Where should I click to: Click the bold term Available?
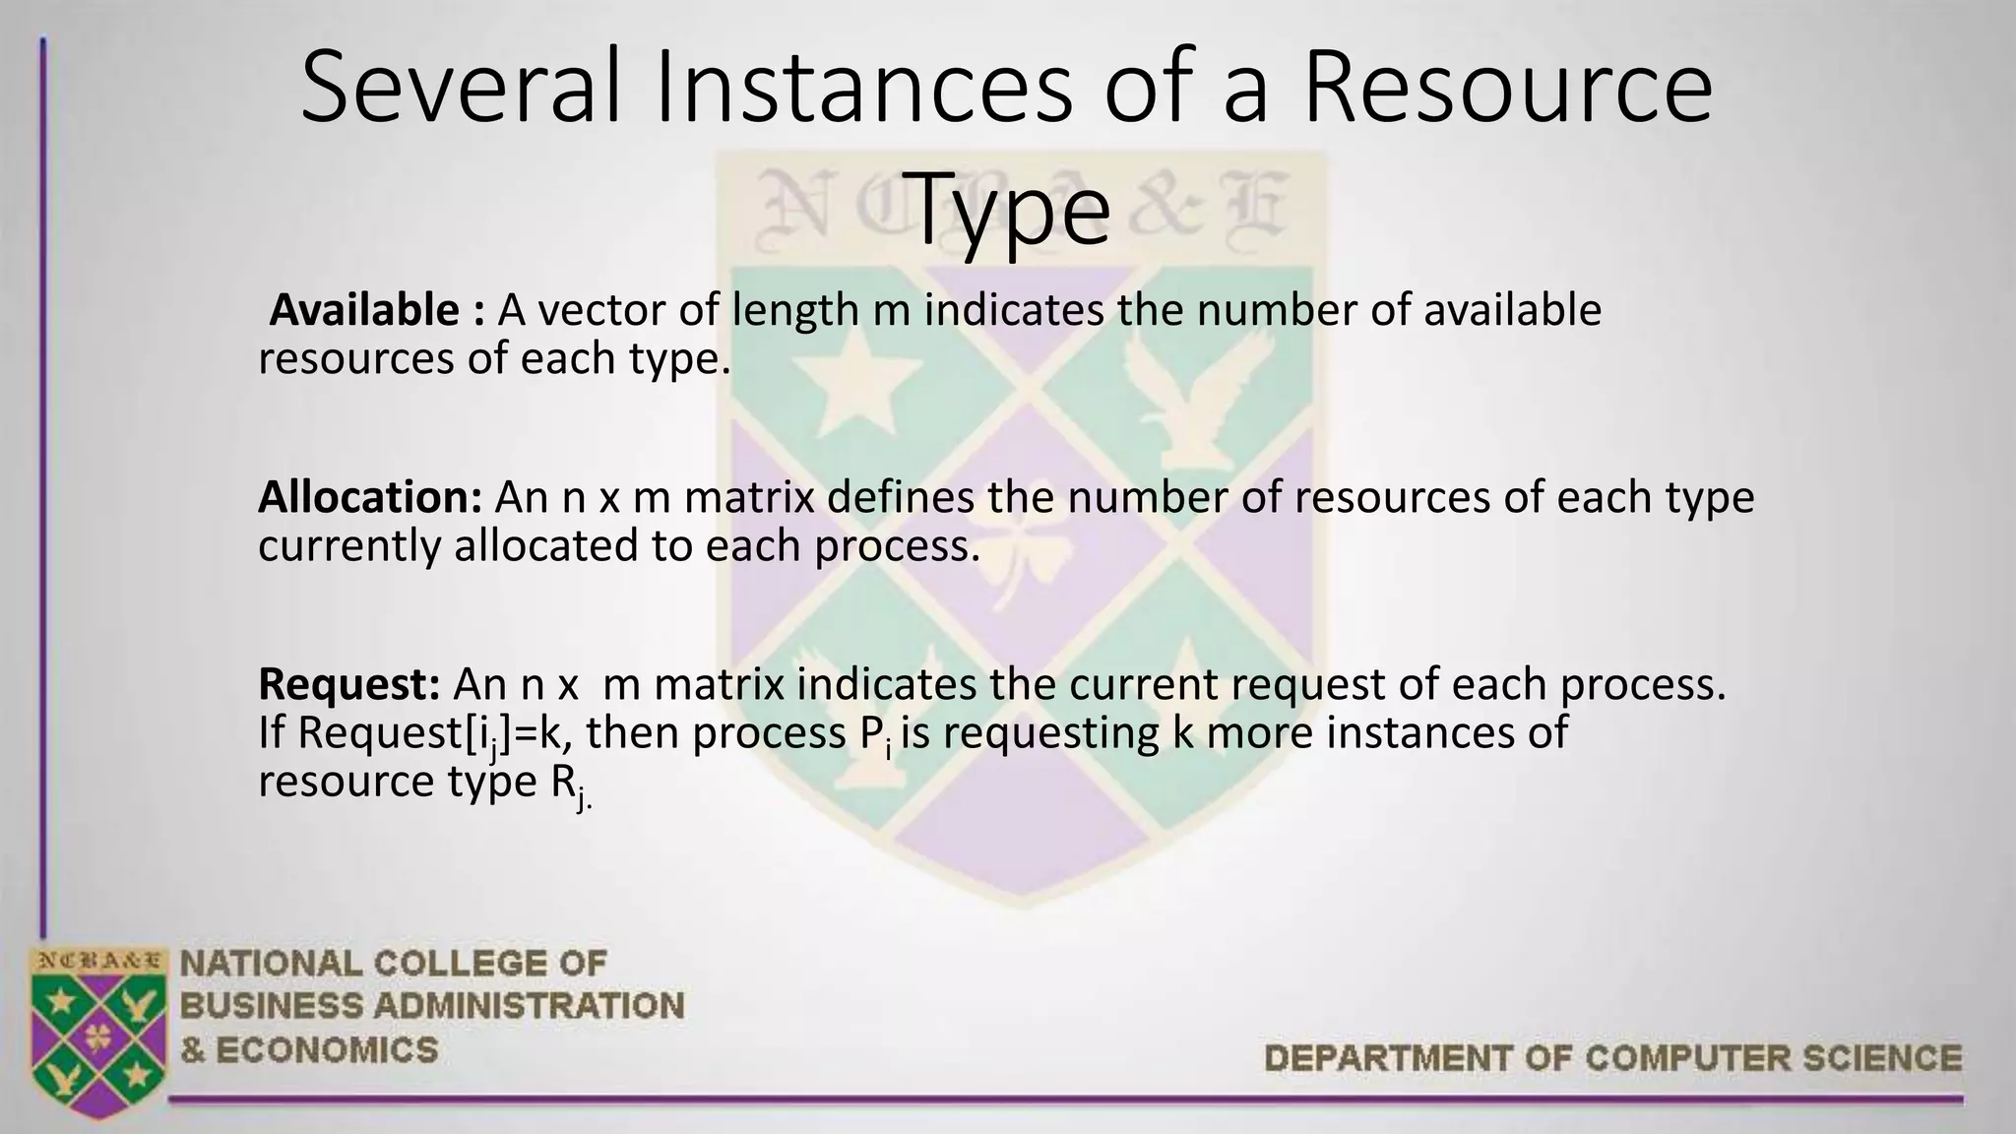click(x=364, y=311)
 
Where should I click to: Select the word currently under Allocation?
click(x=348, y=546)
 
